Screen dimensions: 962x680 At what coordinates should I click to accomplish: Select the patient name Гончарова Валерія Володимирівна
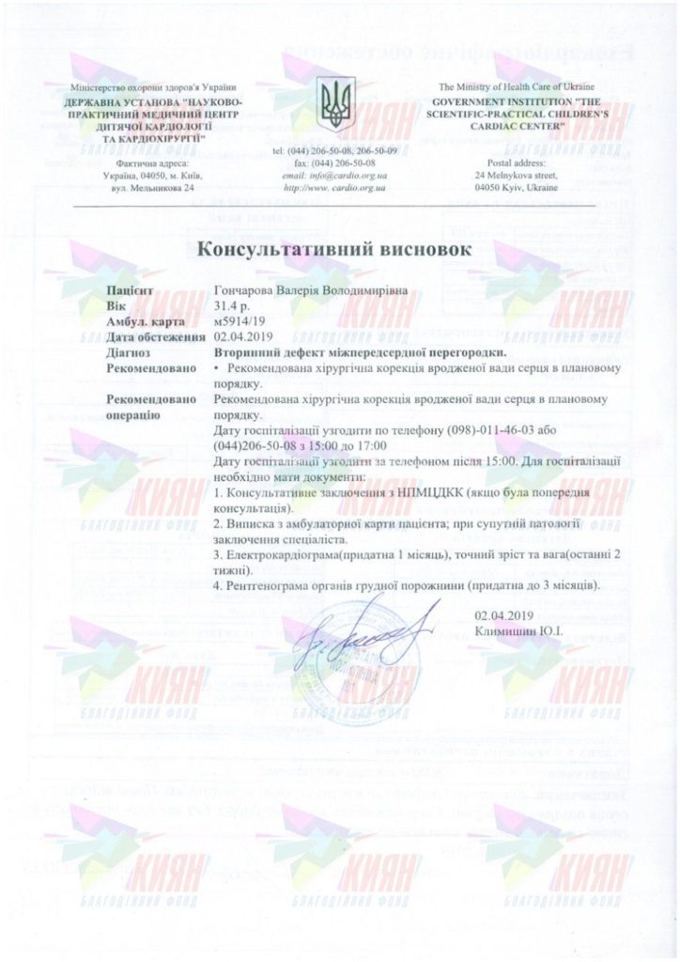tap(312, 292)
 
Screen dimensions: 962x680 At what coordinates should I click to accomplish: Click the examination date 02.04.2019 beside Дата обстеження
tap(243, 335)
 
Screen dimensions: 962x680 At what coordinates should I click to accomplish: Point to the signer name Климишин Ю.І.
tap(518, 629)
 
